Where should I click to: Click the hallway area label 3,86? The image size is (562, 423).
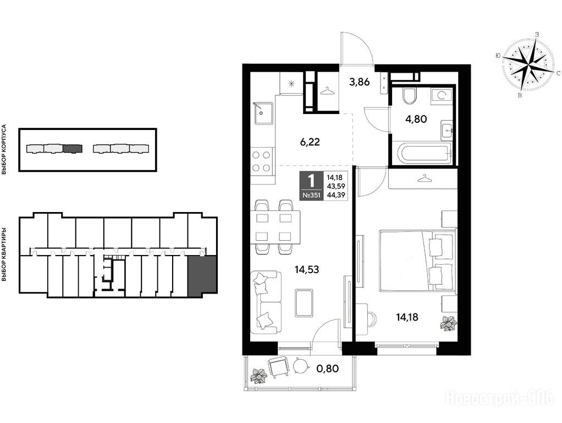pyautogui.click(x=360, y=82)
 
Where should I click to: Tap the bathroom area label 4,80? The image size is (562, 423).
pyautogui.click(x=416, y=119)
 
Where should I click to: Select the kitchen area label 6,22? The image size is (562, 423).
pyautogui.click(x=310, y=142)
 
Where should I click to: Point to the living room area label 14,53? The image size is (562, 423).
pyautogui.click(x=307, y=269)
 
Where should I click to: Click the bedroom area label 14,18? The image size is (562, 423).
pyautogui.click(x=407, y=317)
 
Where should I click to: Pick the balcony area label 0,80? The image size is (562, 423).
pyautogui.click(x=328, y=368)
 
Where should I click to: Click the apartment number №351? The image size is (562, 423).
pyautogui.click(x=311, y=195)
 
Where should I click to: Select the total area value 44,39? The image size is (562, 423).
pyautogui.click(x=334, y=195)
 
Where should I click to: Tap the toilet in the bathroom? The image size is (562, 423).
pyautogui.click(x=409, y=95)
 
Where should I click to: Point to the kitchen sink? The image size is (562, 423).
pyautogui.click(x=264, y=113)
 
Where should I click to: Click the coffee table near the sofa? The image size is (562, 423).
pyautogui.click(x=305, y=303)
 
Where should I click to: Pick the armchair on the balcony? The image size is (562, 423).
pyautogui.click(x=278, y=367)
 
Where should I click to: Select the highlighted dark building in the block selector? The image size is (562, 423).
pyautogui.click(x=73, y=148)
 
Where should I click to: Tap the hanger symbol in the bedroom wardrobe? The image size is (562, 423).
pyautogui.click(x=424, y=178)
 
